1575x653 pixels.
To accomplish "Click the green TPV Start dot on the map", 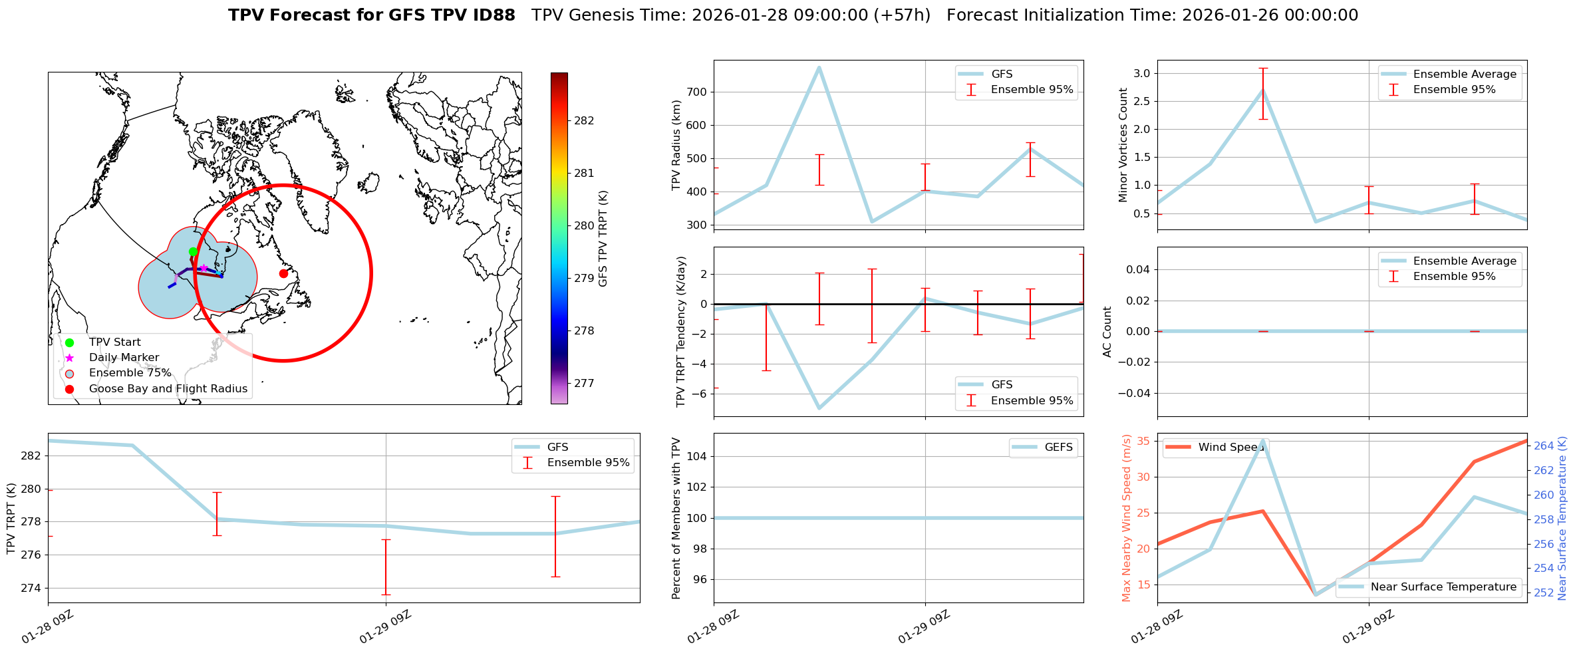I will click(193, 251).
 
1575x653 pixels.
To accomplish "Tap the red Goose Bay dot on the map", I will click(283, 273).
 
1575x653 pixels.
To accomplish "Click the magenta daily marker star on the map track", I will click(204, 268).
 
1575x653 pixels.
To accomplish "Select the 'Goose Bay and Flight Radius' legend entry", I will click(168, 388).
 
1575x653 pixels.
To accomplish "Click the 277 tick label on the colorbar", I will click(583, 383).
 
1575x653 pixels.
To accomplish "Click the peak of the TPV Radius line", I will click(819, 66).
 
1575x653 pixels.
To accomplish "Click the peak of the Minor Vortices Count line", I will click(1262, 90).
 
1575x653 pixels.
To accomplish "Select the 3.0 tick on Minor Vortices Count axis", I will click(1141, 73).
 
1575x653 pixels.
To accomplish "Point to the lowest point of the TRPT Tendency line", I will click(819, 408).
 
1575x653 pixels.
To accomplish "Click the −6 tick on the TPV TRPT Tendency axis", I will click(698, 394).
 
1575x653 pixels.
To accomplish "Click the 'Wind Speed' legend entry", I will click(1230, 447).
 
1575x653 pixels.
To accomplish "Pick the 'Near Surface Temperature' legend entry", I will click(1443, 587).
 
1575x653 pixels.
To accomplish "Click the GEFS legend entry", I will click(1058, 447).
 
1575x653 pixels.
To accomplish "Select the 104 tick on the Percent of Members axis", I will click(696, 456).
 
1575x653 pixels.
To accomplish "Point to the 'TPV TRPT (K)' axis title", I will click(11, 519).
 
